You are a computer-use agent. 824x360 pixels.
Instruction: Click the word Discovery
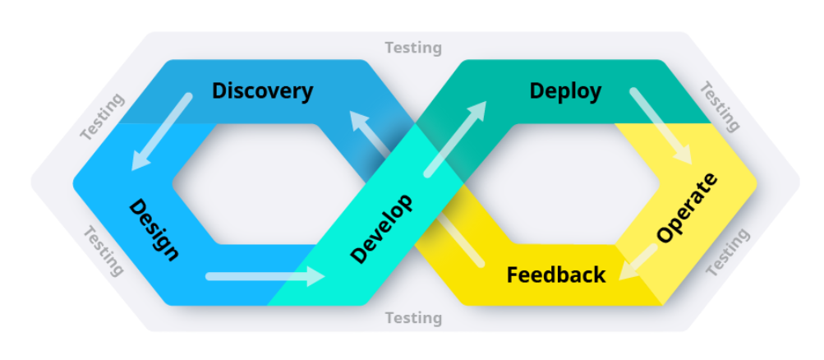262,90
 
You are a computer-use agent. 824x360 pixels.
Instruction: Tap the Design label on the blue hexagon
154,229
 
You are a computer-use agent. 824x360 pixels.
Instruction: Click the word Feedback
555,275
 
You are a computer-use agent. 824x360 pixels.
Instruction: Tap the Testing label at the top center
413,48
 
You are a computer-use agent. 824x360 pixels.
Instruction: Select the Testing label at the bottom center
413,317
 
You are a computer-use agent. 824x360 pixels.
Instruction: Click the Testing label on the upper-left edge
103,116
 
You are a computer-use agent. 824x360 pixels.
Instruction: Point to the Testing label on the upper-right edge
720,106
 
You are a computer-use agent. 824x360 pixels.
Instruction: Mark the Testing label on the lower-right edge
727,252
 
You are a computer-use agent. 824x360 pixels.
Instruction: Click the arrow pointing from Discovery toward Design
161,132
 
